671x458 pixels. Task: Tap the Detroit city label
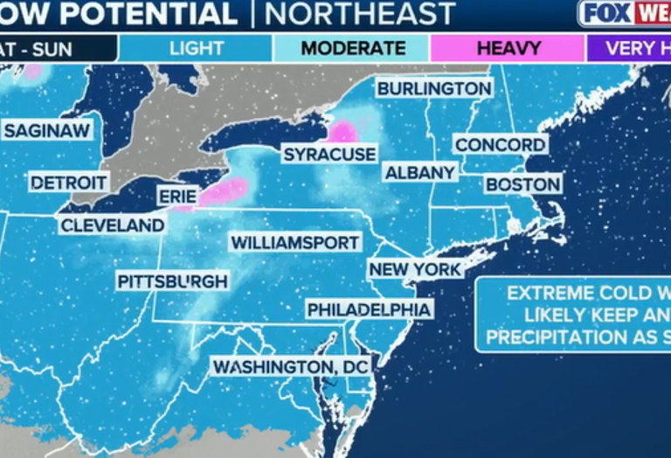click(69, 183)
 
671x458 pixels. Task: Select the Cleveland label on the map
click(112, 226)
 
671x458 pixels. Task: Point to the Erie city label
click(177, 197)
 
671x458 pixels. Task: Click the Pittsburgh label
click(173, 281)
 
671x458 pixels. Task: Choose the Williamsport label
click(294, 242)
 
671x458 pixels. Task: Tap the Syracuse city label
click(329, 155)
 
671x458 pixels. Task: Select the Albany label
click(420, 172)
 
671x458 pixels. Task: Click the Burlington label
click(434, 88)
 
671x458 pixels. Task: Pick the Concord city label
click(501, 144)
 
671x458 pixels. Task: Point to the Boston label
click(522, 184)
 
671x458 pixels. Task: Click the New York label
click(414, 269)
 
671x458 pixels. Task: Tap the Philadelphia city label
click(369, 309)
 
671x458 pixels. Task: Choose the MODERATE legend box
click(352, 48)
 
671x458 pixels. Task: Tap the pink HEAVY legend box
click(508, 48)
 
